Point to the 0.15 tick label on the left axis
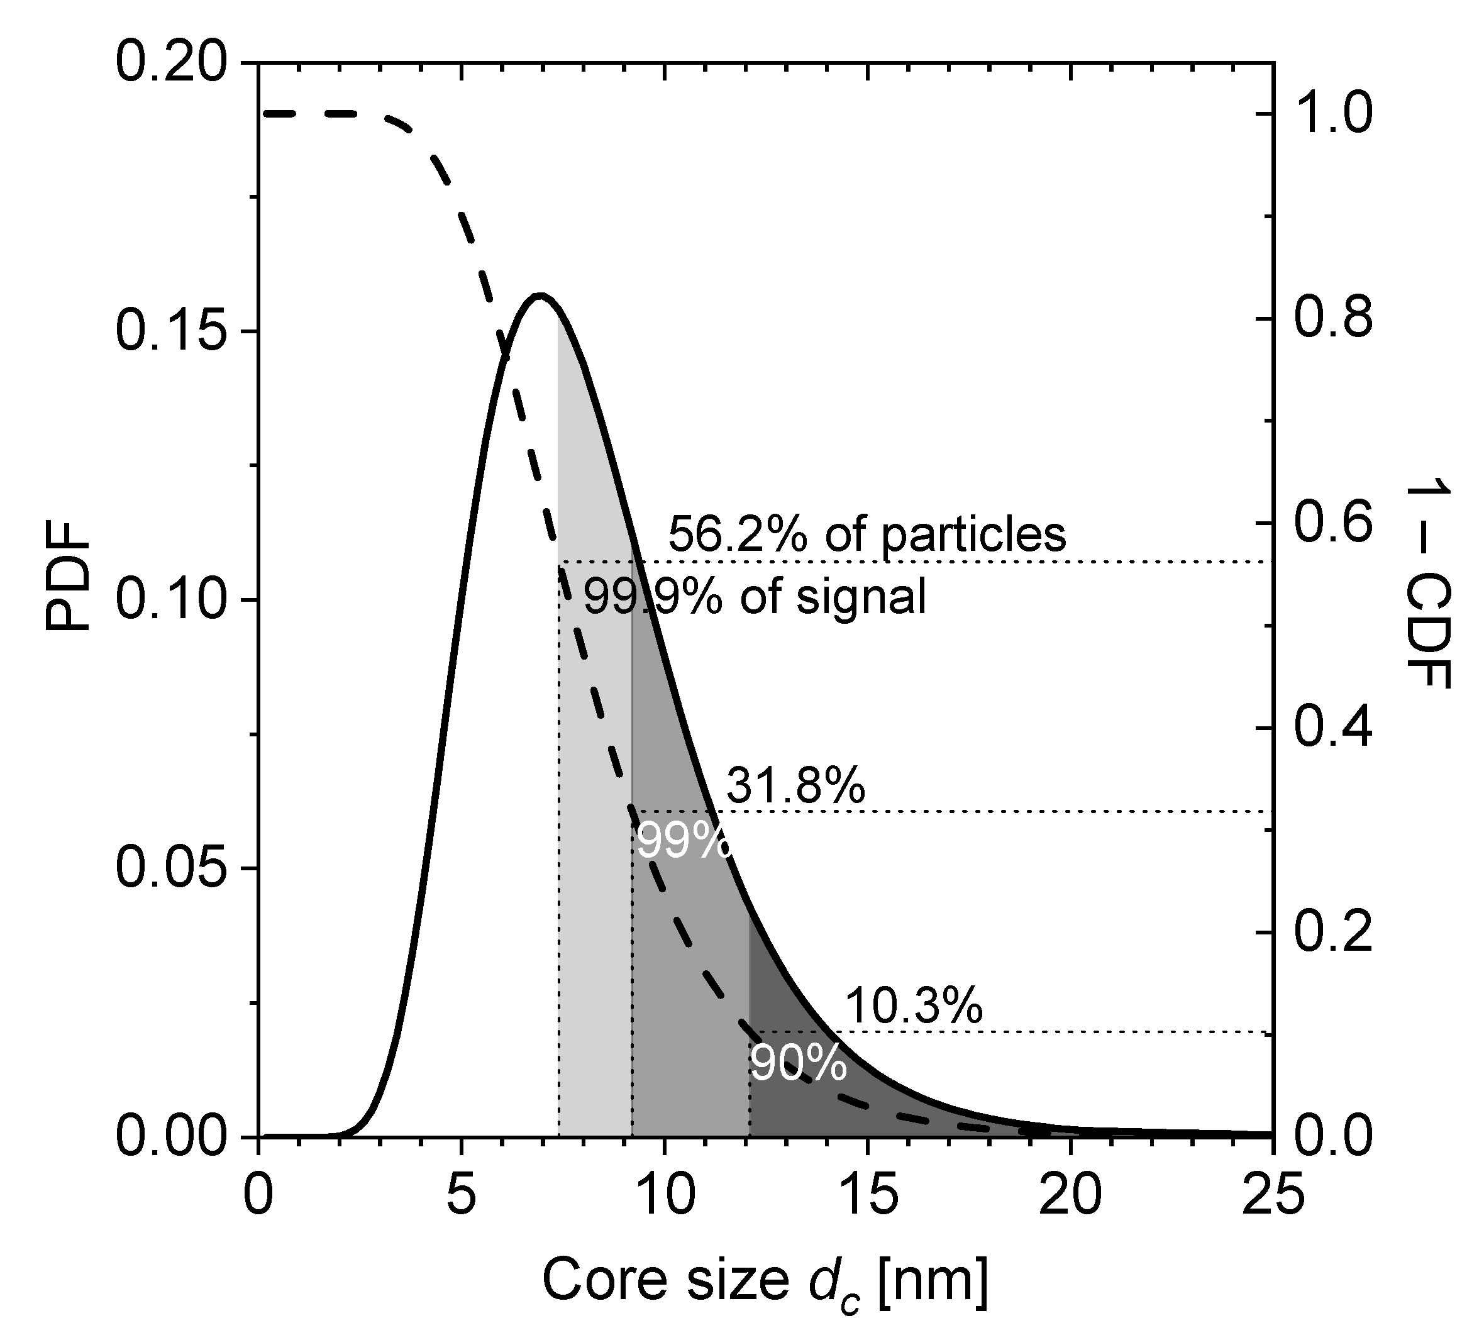(174, 332)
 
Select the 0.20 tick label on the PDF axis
(174, 64)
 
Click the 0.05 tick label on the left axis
(174, 869)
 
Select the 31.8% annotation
(795, 786)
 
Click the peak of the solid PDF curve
(541, 296)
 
